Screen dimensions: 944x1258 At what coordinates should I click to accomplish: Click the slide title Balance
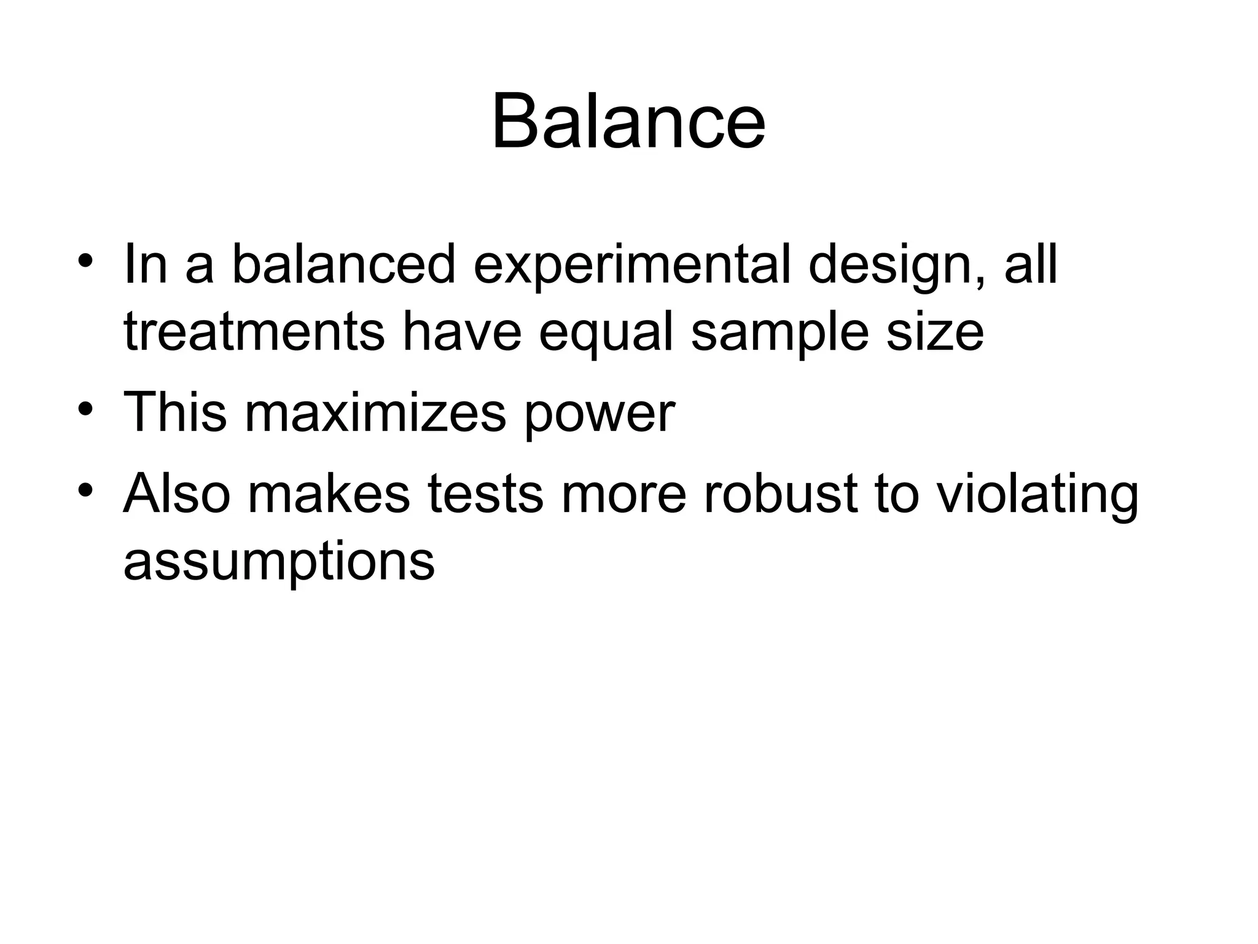pos(628,121)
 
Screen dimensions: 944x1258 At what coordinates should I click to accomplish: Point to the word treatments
pos(254,332)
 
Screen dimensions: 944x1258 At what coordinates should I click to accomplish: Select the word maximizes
pos(375,412)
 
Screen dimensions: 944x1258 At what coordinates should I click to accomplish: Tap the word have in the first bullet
pos(461,332)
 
